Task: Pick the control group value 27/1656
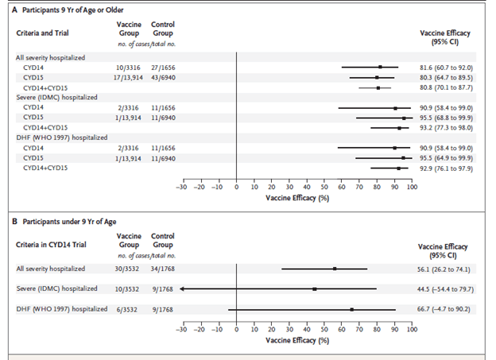coord(163,68)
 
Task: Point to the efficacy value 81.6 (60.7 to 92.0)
coord(450,68)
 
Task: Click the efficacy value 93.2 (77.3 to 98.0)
coord(450,127)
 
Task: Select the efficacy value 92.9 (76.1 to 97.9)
coord(450,167)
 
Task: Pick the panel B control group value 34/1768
coord(163,269)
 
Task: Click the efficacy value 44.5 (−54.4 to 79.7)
coord(449,288)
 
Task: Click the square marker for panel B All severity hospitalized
coord(335,269)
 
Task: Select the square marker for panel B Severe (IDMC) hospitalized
coord(314,288)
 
